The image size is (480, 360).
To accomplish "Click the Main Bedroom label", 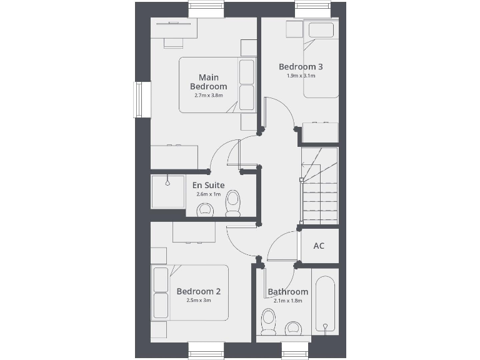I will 209,82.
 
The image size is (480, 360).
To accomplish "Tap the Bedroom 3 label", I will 301,67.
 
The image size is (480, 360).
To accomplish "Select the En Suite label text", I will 208,185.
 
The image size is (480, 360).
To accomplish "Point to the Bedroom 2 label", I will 198,291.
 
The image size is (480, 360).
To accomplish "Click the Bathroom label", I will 287,292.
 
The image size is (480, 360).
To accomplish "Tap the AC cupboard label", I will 319,246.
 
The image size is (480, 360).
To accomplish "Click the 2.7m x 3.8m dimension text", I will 209,96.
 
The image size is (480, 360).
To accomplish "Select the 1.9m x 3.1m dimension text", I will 301,76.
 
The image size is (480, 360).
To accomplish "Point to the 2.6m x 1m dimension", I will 208,194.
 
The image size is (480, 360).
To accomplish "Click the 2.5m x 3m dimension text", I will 198,301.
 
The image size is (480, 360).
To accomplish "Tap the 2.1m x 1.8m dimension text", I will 287,301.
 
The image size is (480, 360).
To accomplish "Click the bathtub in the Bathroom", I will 325,304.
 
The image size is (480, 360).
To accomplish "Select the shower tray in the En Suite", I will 167,191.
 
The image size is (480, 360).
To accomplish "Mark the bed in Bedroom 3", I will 321,59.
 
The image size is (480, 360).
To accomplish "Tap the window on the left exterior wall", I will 142,100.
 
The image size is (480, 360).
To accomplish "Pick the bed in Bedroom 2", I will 190,292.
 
